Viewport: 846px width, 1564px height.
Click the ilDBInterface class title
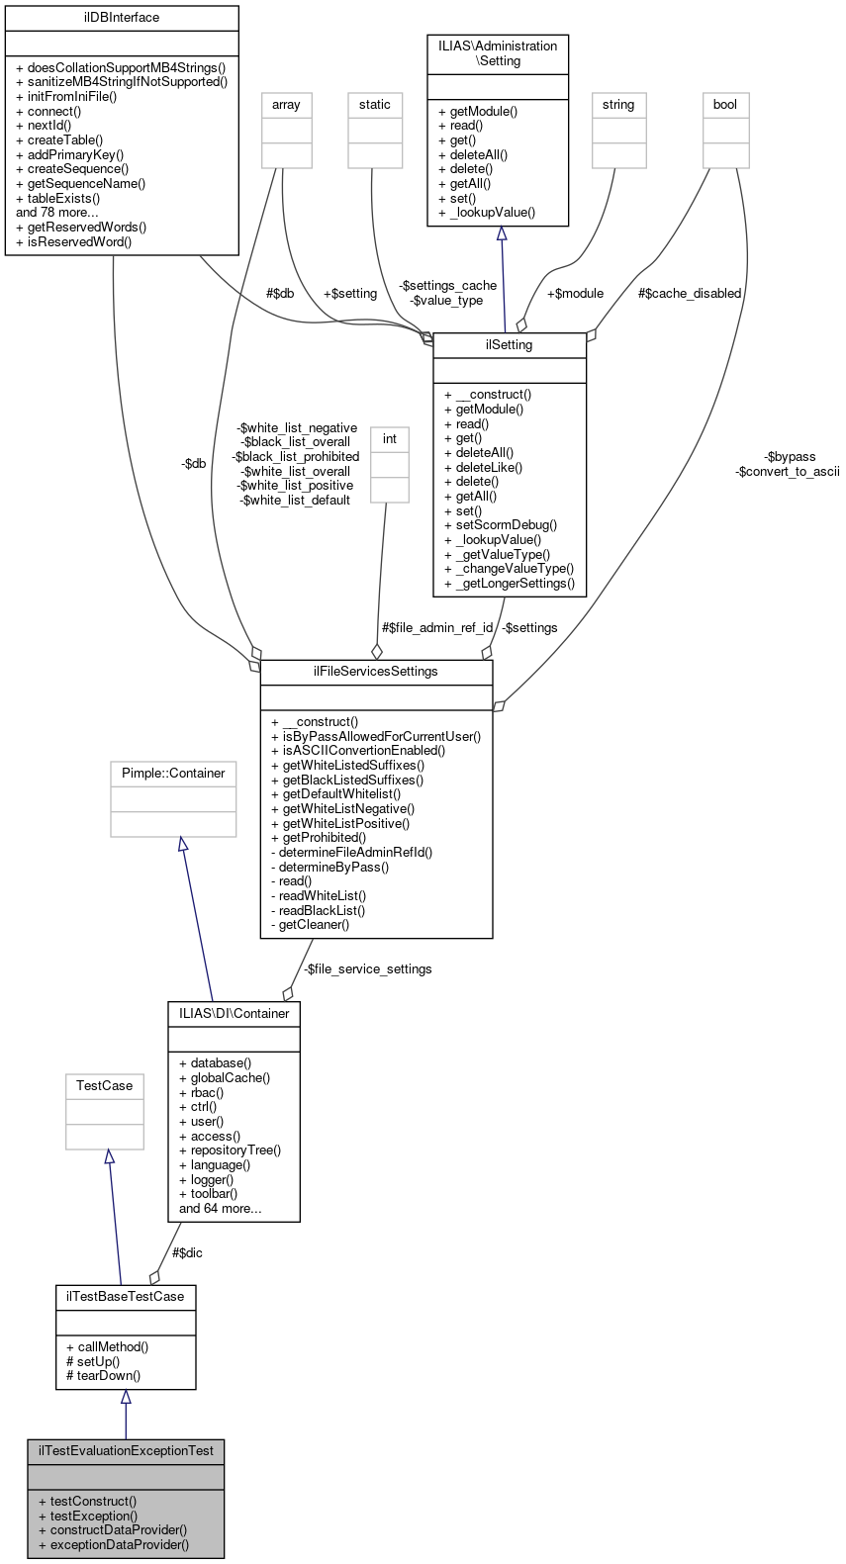(x=122, y=18)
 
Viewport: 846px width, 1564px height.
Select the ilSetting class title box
(x=510, y=345)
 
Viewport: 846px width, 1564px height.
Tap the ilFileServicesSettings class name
(x=376, y=672)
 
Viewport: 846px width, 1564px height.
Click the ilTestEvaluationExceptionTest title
(x=126, y=1451)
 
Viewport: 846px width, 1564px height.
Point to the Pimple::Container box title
(x=173, y=774)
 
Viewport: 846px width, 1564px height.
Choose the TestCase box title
(x=105, y=1086)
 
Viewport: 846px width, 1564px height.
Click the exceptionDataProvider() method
(x=119, y=1544)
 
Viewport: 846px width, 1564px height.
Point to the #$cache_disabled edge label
(x=690, y=294)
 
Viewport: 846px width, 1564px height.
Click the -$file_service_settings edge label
(x=367, y=969)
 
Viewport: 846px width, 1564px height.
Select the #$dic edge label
(x=187, y=1253)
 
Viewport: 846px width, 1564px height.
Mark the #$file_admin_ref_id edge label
(x=437, y=628)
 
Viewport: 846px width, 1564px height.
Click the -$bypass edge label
(x=791, y=457)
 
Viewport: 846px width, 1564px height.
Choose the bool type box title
(x=725, y=105)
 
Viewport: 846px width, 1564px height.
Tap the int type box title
(x=390, y=439)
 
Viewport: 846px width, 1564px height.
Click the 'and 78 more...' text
(x=57, y=213)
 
